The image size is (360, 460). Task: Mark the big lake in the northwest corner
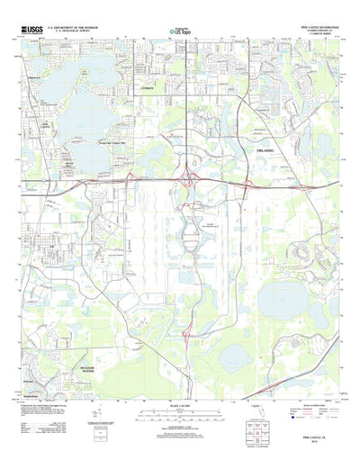(67, 96)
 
